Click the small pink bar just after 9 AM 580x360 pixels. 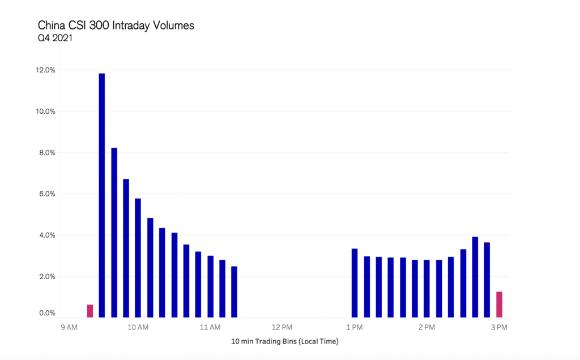[x=90, y=311]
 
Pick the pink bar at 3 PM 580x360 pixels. [x=499, y=305]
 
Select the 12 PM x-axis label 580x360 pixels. [x=282, y=328]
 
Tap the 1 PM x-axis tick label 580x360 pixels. [x=354, y=328]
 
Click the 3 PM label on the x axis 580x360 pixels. [x=498, y=328]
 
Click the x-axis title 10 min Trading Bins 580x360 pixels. [x=284, y=342]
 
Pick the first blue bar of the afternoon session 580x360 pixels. [x=355, y=283]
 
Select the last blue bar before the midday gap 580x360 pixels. [x=234, y=292]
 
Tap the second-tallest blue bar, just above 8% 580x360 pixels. [x=114, y=232]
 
